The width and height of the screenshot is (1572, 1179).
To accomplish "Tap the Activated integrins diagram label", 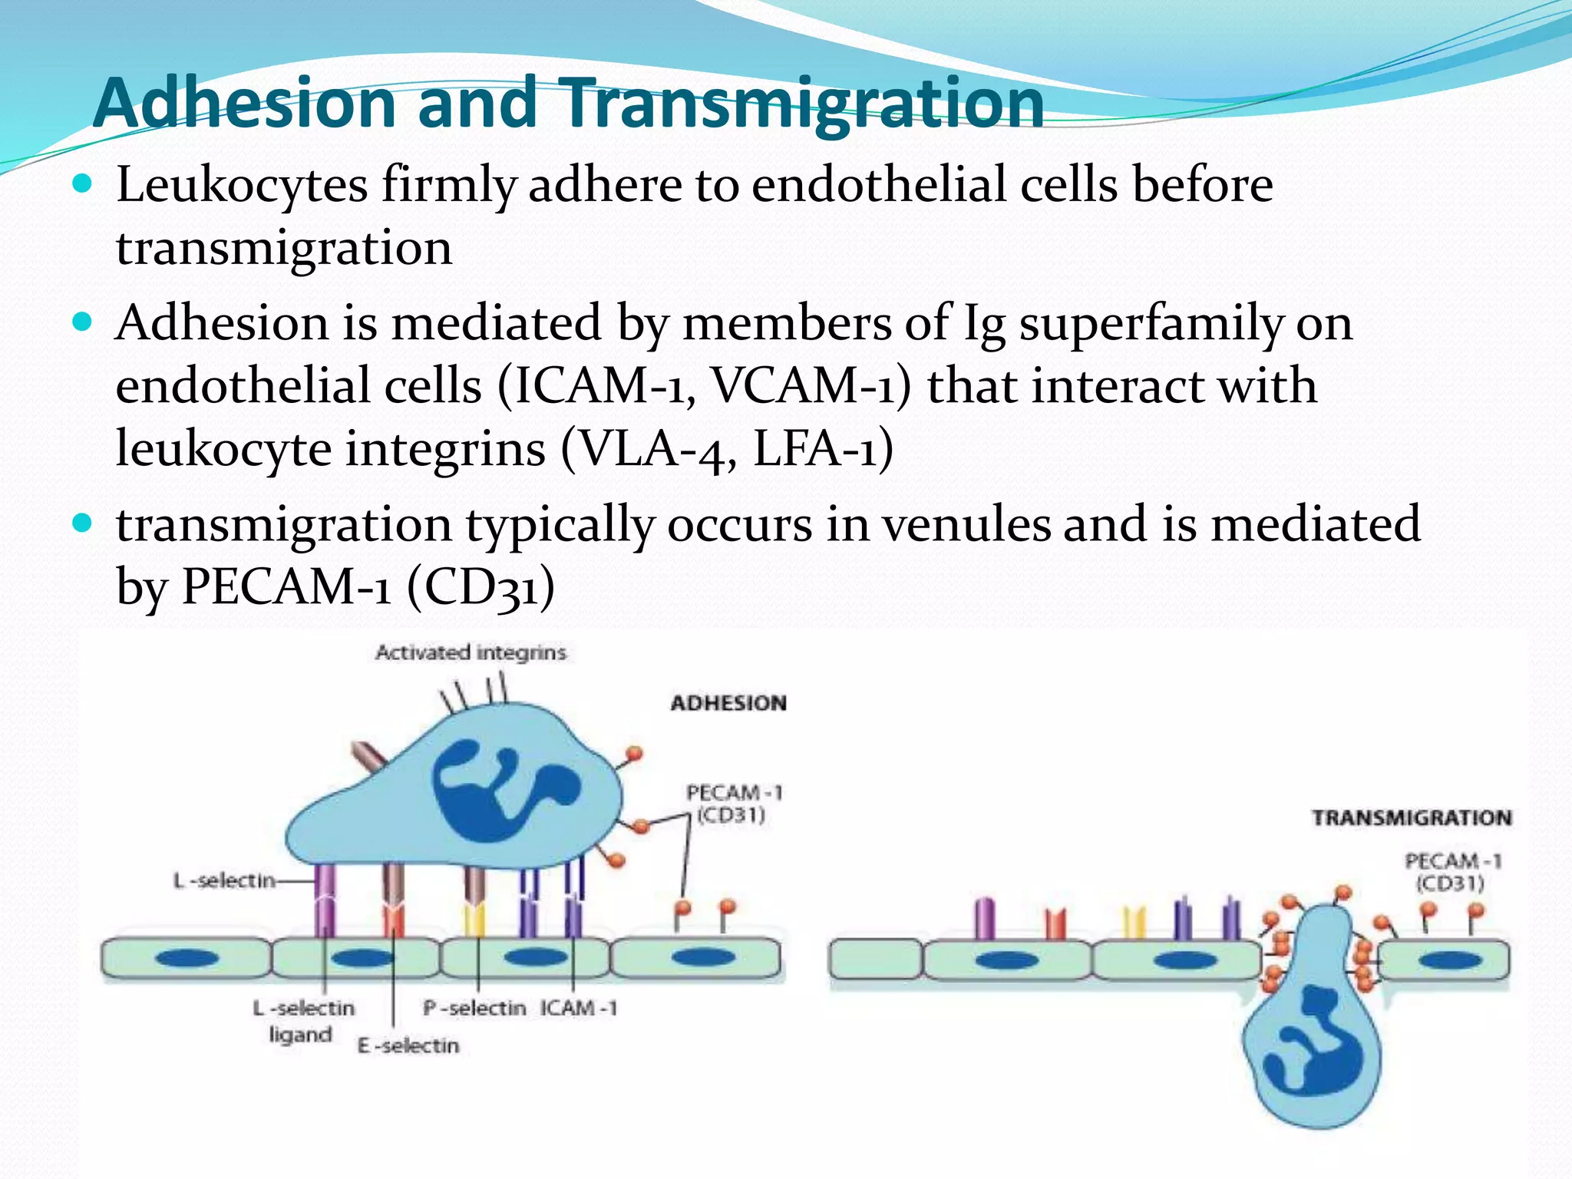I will (471, 652).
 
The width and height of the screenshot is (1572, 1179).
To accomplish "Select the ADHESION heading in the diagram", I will (728, 703).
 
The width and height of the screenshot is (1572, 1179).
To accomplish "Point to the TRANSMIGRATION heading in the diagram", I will (1411, 818).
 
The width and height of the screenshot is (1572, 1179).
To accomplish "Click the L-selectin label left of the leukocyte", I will (224, 880).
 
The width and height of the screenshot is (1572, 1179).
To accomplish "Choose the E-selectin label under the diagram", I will (408, 1045).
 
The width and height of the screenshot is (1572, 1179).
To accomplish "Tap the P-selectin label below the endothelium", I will (474, 1008).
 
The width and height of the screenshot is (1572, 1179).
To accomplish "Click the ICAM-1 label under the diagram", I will (578, 1008).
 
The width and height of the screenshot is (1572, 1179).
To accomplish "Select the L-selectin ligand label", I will (303, 1021).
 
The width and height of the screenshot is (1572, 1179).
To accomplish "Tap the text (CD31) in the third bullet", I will (480, 587).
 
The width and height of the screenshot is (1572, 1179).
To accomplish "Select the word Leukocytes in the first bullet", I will (242, 187).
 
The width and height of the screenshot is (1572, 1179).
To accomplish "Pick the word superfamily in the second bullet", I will (1150, 324).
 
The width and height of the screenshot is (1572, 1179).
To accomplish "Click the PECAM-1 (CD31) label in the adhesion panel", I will (733, 803).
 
